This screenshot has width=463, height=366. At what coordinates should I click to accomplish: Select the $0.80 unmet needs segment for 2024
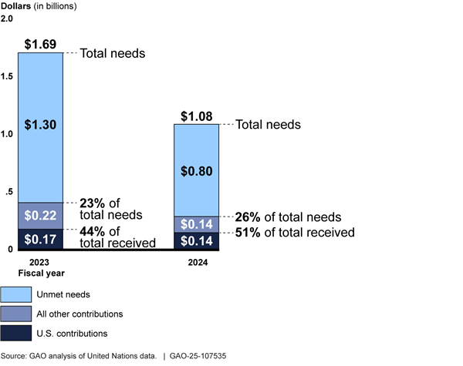[196, 170]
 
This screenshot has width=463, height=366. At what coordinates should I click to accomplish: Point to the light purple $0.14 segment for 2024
[196, 224]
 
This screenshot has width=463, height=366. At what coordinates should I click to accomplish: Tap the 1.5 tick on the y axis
[8, 76]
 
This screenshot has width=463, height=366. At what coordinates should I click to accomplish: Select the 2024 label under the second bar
[196, 262]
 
